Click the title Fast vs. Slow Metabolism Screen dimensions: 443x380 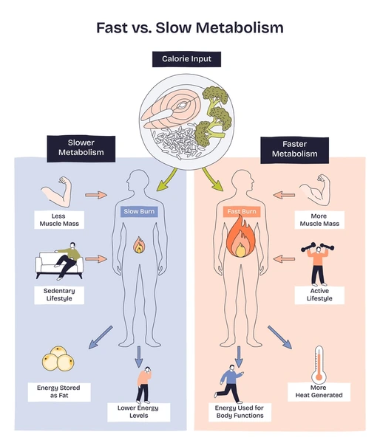point(189,28)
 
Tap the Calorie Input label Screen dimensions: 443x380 point(190,58)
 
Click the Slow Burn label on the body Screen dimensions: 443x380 point(139,212)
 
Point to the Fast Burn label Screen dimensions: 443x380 point(241,212)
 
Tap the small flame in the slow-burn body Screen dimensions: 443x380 point(138,245)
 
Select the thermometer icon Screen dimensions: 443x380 point(319,363)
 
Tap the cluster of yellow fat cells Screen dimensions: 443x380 point(58,361)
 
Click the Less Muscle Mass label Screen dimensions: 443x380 point(59,219)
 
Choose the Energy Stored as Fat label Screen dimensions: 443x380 point(58,391)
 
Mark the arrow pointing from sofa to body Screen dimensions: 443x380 point(96,260)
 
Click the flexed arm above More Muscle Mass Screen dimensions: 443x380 point(320,191)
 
